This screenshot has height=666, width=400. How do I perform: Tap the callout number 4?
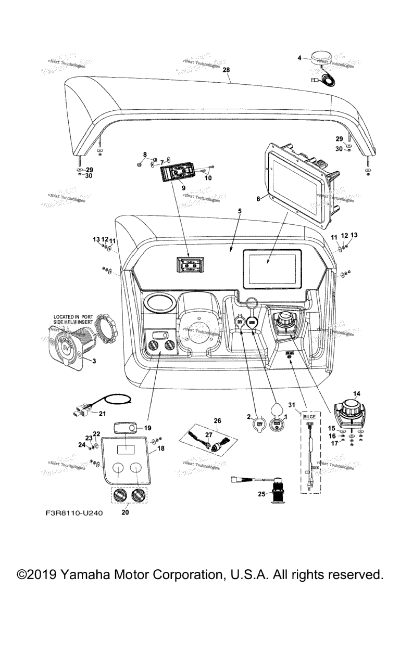pos(299,58)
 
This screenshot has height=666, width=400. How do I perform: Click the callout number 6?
pos(258,198)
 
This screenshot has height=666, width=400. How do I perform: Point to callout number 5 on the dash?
pos(240,212)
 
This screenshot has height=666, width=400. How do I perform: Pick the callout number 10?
pos(208,178)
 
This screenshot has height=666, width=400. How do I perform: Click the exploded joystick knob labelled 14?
pos(349,412)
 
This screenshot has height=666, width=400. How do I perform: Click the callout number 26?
pos(217,420)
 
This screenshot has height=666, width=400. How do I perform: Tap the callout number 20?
pos(125,512)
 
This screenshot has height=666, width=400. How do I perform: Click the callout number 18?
pos(161,448)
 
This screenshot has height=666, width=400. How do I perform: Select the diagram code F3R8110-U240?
pos(70,513)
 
